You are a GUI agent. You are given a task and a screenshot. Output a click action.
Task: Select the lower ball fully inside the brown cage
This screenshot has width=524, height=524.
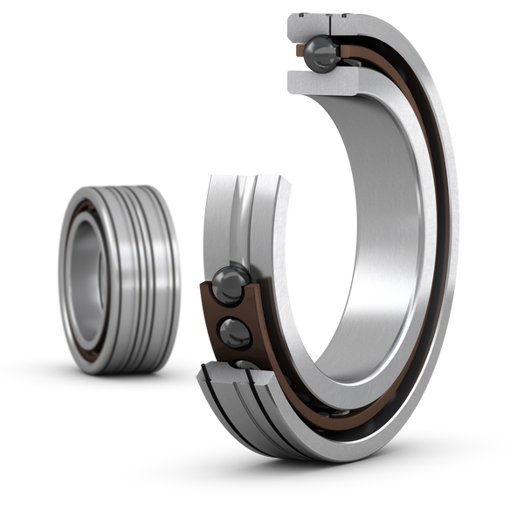(x=235, y=331)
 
